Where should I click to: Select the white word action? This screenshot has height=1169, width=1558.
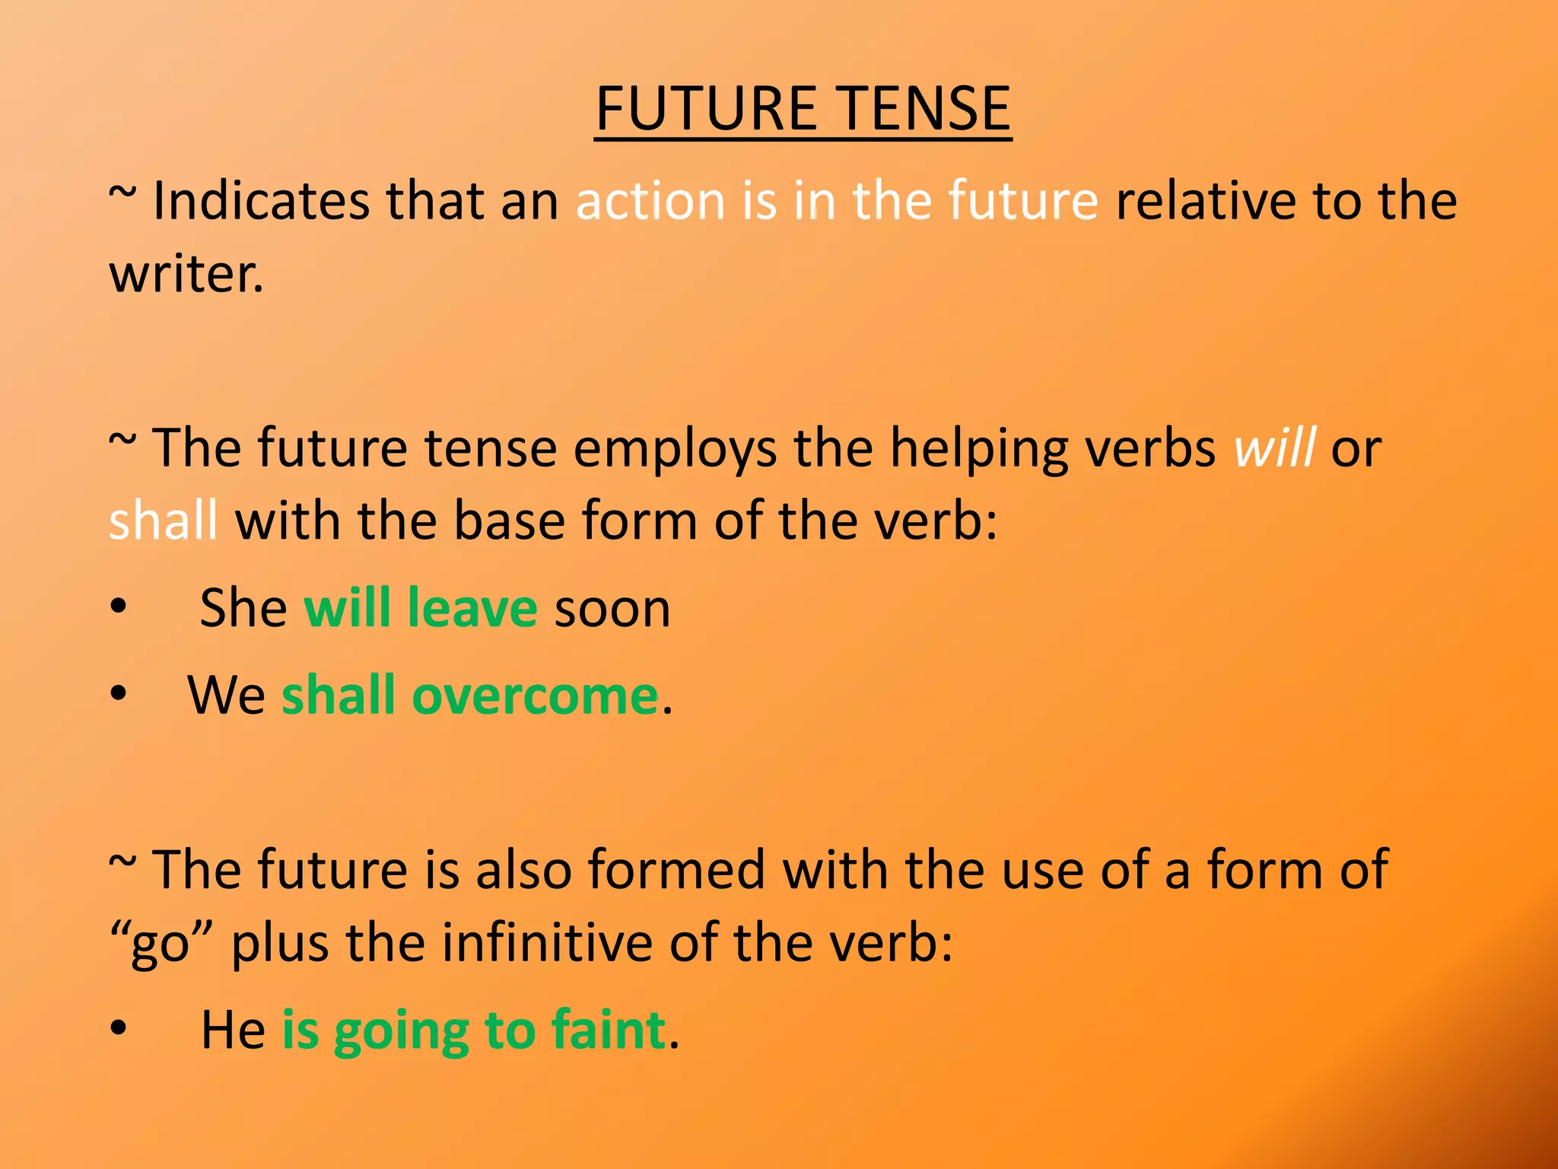click(x=650, y=202)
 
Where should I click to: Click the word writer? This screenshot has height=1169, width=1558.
click(x=186, y=274)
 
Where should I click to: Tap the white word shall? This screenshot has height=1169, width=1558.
click(x=163, y=521)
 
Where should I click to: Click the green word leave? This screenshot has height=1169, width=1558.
click(x=472, y=609)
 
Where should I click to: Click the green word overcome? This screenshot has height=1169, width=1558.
click(x=535, y=696)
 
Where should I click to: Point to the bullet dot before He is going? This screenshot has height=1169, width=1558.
click(x=118, y=1030)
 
